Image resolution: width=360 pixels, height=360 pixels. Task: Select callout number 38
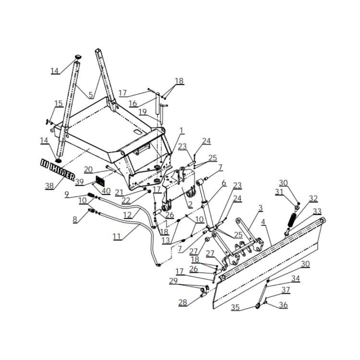coord(49,186)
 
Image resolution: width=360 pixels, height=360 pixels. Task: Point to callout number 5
coord(91,95)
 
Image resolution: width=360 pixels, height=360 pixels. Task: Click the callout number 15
coord(59,104)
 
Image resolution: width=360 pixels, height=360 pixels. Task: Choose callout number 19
coord(143,112)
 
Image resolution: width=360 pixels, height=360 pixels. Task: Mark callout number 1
coord(181,130)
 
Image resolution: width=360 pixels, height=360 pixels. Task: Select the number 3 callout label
coord(261,208)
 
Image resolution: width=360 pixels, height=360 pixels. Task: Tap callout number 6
coord(224,183)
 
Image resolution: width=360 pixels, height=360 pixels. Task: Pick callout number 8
coord(74,219)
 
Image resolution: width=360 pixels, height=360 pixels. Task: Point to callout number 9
coord(67,194)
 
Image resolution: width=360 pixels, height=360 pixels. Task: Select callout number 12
coord(127,214)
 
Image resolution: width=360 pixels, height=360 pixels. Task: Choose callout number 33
coord(317,211)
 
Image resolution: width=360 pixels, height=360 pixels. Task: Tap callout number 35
coord(235,307)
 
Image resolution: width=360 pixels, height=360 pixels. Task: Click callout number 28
coord(182,303)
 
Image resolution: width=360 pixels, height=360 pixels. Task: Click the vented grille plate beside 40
coord(101,181)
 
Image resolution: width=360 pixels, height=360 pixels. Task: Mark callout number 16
coord(133,103)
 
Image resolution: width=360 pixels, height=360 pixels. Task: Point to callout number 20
coord(88,169)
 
